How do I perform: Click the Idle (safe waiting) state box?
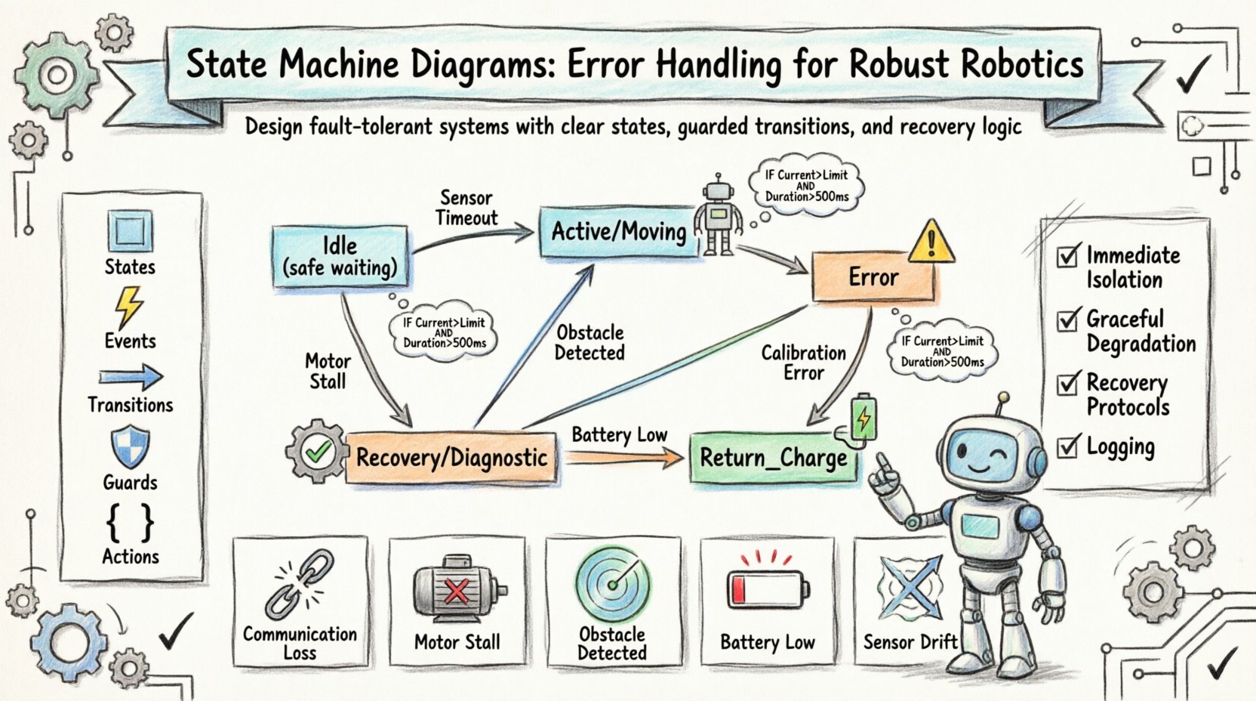[x=340, y=257]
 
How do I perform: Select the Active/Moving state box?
[x=618, y=232]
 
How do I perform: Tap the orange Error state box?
[x=873, y=277]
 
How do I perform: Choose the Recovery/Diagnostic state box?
[x=451, y=458]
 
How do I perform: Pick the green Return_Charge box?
[x=773, y=458]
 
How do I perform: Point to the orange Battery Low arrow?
[x=623, y=457]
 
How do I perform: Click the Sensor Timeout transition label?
[x=466, y=208]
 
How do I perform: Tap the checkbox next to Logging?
[x=1067, y=446]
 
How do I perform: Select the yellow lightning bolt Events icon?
[x=129, y=307]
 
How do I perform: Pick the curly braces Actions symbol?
[x=130, y=522]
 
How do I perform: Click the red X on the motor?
[x=456, y=591]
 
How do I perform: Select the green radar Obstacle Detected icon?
[x=612, y=584]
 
